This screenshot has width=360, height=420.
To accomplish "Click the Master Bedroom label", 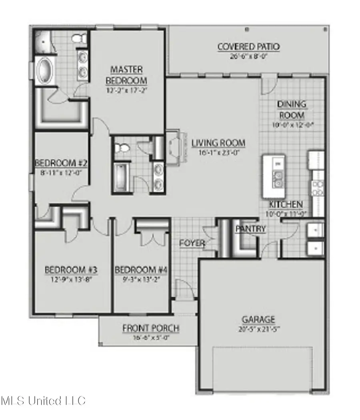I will tap(126, 75).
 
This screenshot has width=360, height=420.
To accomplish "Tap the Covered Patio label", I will tap(248, 47).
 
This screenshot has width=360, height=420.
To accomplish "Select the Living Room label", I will tap(218, 143).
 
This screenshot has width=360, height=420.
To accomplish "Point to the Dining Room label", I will tap(292, 109).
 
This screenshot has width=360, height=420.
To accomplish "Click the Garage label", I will tap(258, 320).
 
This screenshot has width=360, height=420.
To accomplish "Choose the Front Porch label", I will tap(150, 328).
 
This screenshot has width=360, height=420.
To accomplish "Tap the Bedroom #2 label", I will tap(61, 163).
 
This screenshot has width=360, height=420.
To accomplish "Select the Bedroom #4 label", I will tap(141, 270).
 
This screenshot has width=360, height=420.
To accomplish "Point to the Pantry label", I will tap(250, 229).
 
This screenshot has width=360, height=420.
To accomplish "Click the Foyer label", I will tap(192, 243).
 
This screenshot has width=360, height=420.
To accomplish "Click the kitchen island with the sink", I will tap(274, 176).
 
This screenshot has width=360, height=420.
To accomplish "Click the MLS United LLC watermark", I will tap(43, 401).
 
